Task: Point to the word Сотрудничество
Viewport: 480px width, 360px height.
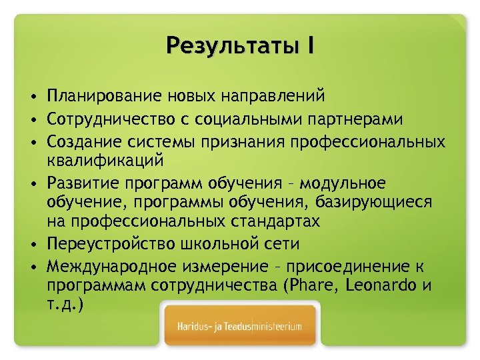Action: pyautogui.click(x=109, y=119)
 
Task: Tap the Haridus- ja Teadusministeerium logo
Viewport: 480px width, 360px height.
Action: pyautogui.click(x=239, y=326)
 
